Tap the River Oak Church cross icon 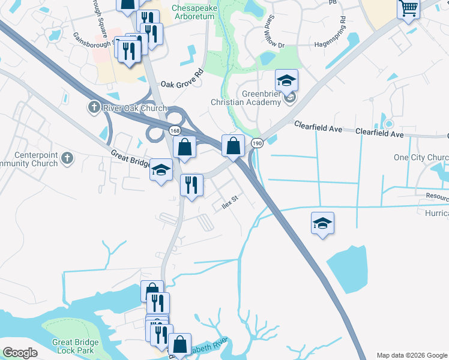pos(93,108)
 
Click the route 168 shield pos(174,130)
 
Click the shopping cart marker pos(408,8)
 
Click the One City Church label pos(421,158)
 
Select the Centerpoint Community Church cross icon pos(67,158)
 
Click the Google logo pos(20,353)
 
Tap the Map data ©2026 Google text pos(412,355)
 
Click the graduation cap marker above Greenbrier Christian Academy pos(287,80)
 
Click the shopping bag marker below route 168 pos(185,147)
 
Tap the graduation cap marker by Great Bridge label pos(161,170)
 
